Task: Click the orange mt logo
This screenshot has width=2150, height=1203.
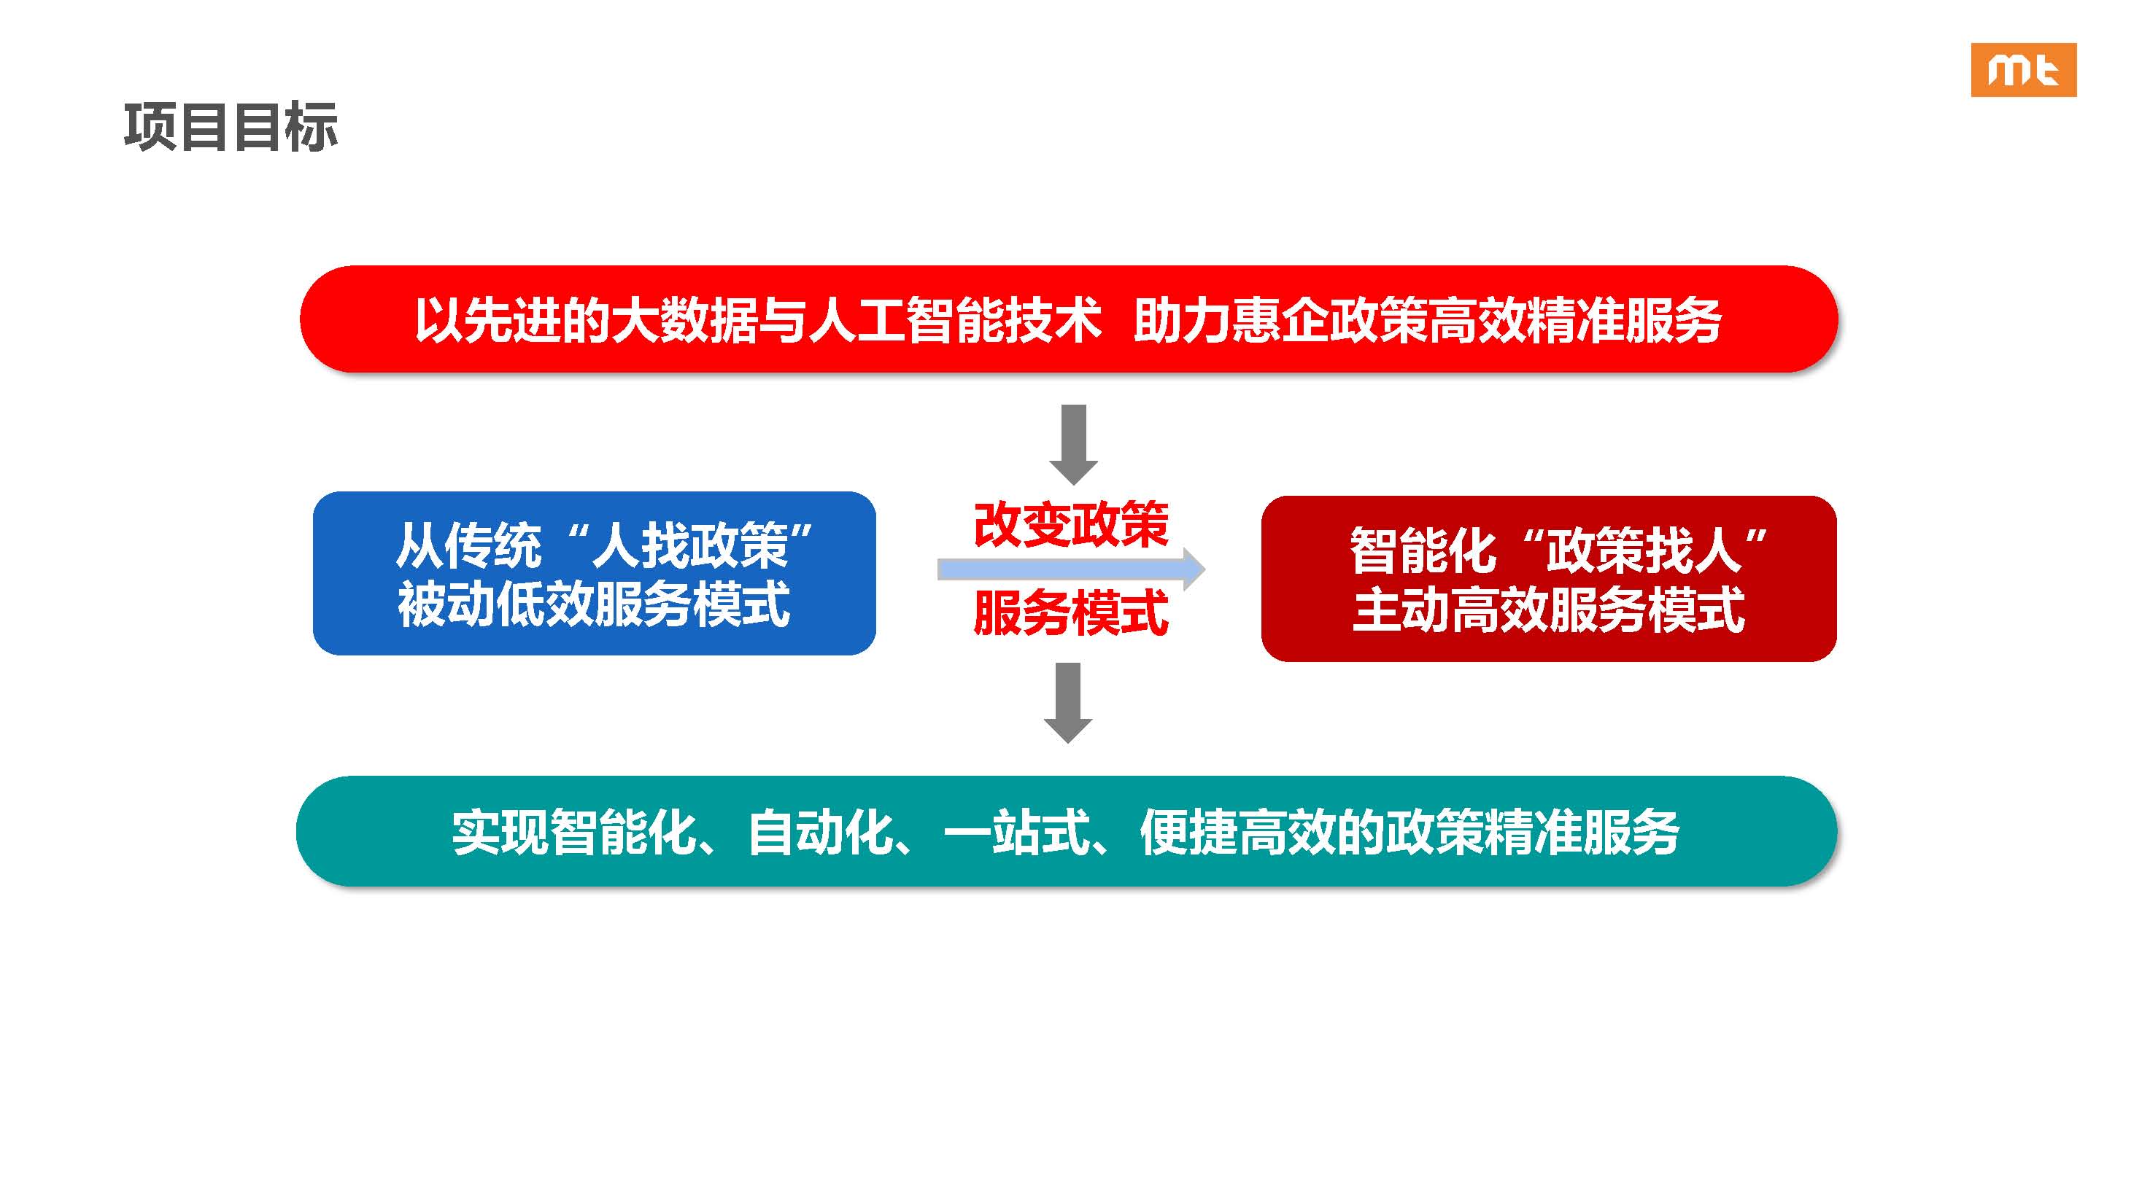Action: coord(2023,70)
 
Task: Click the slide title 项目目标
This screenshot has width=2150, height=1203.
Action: coord(231,128)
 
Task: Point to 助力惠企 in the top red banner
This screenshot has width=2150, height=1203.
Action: coord(1231,320)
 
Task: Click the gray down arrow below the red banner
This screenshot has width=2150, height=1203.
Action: coord(1073,445)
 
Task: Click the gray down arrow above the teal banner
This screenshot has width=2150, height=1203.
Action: coord(1068,702)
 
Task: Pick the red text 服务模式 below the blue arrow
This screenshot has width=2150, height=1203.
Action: coord(1072,613)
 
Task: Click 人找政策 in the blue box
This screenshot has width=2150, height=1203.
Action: coord(691,545)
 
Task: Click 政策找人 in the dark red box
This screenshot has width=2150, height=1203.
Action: coord(1644,550)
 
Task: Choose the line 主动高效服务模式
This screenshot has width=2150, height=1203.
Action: coord(1549,610)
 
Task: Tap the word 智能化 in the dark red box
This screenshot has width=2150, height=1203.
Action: coord(1424,550)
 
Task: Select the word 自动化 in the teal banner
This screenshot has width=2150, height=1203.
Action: coord(821,833)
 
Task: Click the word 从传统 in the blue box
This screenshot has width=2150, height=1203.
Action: coord(469,545)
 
